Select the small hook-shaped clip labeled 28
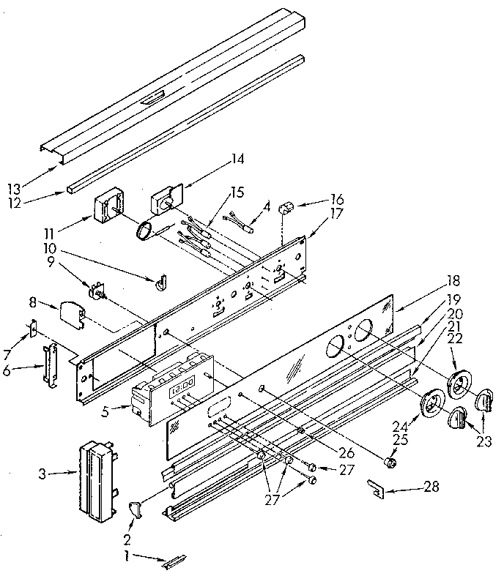coord(378,489)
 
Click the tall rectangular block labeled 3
coord(94,480)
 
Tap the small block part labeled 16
coord(288,208)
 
